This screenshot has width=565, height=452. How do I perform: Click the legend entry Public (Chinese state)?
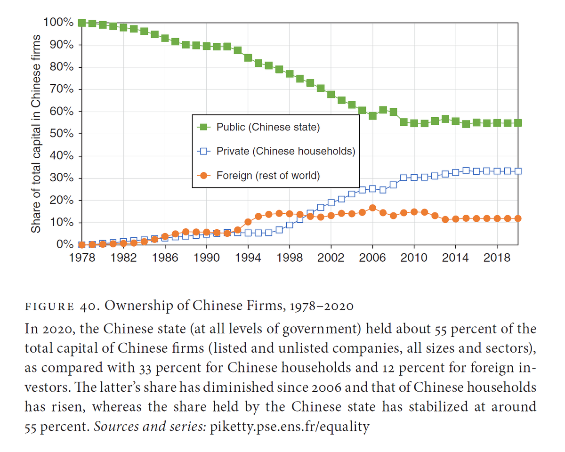(268, 127)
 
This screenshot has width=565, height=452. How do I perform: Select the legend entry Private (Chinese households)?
(285, 151)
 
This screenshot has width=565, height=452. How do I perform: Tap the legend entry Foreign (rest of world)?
(268, 176)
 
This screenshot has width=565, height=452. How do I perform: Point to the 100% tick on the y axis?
(57, 23)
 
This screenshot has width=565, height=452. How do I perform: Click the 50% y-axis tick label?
(59, 134)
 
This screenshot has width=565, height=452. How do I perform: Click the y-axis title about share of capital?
(35, 134)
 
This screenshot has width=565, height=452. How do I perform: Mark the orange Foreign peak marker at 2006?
(372, 208)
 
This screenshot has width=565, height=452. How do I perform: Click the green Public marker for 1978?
(82, 23)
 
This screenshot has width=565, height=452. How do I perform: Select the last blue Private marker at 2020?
(518, 171)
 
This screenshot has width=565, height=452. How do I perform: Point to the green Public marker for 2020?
(518, 123)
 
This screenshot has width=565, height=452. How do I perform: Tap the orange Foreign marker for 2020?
(518, 218)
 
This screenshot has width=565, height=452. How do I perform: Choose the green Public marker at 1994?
(248, 58)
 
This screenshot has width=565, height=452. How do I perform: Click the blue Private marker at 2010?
(414, 178)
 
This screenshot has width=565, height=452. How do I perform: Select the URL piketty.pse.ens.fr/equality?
(290, 427)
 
